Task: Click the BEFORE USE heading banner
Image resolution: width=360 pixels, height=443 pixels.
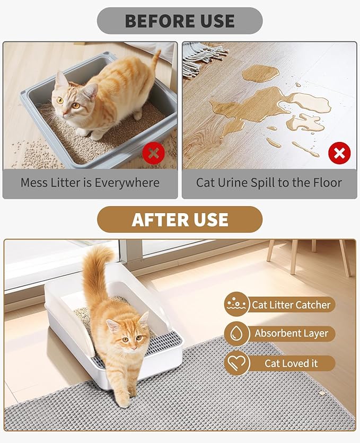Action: coord(180,21)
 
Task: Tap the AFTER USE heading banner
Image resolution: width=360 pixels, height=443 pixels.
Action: coord(180,219)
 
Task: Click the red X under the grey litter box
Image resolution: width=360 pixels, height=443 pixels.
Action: coord(153,154)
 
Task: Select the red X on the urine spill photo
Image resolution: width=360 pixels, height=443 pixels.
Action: coord(339,154)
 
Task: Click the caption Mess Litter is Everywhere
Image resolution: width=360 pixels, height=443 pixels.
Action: coord(90,183)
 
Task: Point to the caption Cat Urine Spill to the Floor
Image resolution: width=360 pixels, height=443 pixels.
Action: coord(269,183)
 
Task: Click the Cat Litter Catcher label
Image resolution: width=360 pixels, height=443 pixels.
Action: coord(291,305)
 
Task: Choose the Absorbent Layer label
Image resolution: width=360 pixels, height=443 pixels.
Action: coord(291,334)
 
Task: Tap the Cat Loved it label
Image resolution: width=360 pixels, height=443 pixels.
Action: coord(291,364)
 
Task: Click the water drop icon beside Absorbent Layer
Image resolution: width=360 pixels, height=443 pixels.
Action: coord(236,334)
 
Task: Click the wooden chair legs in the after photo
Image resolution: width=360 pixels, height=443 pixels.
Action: coord(308,257)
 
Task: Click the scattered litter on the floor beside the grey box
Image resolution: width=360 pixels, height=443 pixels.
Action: coord(29,154)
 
